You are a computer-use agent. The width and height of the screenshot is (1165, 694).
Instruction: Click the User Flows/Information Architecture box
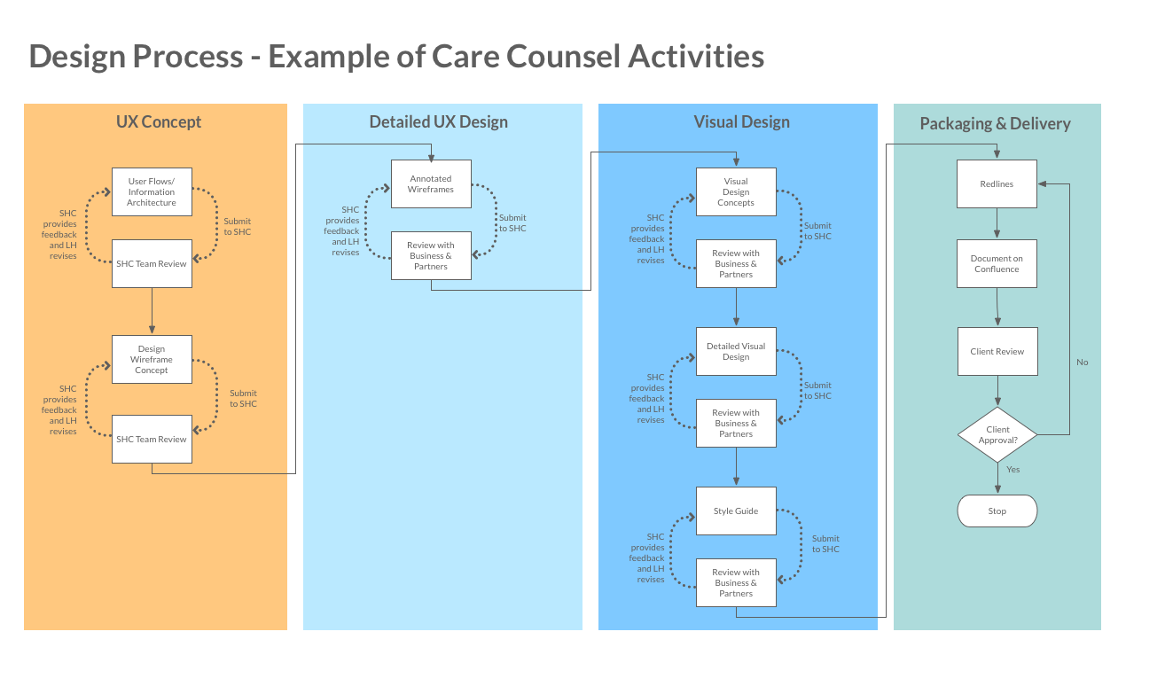click(x=152, y=191)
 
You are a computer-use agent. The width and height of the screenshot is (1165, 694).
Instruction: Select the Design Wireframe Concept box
click(x=152, y=359)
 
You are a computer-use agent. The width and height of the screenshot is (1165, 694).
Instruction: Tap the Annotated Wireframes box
click(x=431, y=184)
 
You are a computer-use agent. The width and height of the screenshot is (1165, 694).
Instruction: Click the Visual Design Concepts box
click(x=736, y=191)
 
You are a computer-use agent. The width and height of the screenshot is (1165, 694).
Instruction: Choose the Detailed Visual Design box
click(x=736, y=351)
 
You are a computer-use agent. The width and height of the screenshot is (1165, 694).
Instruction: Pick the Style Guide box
click(x=736, y=511)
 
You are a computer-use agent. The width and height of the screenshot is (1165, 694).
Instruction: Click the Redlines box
click(x=997, y=184)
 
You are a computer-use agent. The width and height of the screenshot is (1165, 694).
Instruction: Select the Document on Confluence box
click(x=997, y=263)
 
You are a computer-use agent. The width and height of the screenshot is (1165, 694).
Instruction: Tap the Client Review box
click(x=997, y=351)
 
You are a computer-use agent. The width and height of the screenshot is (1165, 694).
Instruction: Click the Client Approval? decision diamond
click(x=997, y=434)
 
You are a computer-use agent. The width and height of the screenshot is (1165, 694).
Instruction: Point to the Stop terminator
click(x=997, y=511)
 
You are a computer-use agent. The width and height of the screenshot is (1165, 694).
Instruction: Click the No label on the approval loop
click(x=1082, y=363)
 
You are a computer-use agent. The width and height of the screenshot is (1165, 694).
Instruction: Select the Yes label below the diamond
click(x=1013, y=470)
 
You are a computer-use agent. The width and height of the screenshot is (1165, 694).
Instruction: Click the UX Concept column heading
click(x=159, y=121)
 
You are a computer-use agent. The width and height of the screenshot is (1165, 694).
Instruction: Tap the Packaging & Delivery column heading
click(x=995, y=124)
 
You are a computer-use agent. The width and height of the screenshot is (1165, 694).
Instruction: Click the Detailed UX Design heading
click(x=439, y=121)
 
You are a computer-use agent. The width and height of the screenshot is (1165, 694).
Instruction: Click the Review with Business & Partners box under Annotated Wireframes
click(x=431, y=256)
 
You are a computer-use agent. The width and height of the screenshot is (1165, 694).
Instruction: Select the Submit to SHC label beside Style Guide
click(x=825, y=543)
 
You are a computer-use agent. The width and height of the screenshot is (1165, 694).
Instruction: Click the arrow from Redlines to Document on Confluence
click(x=997, y=223)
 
